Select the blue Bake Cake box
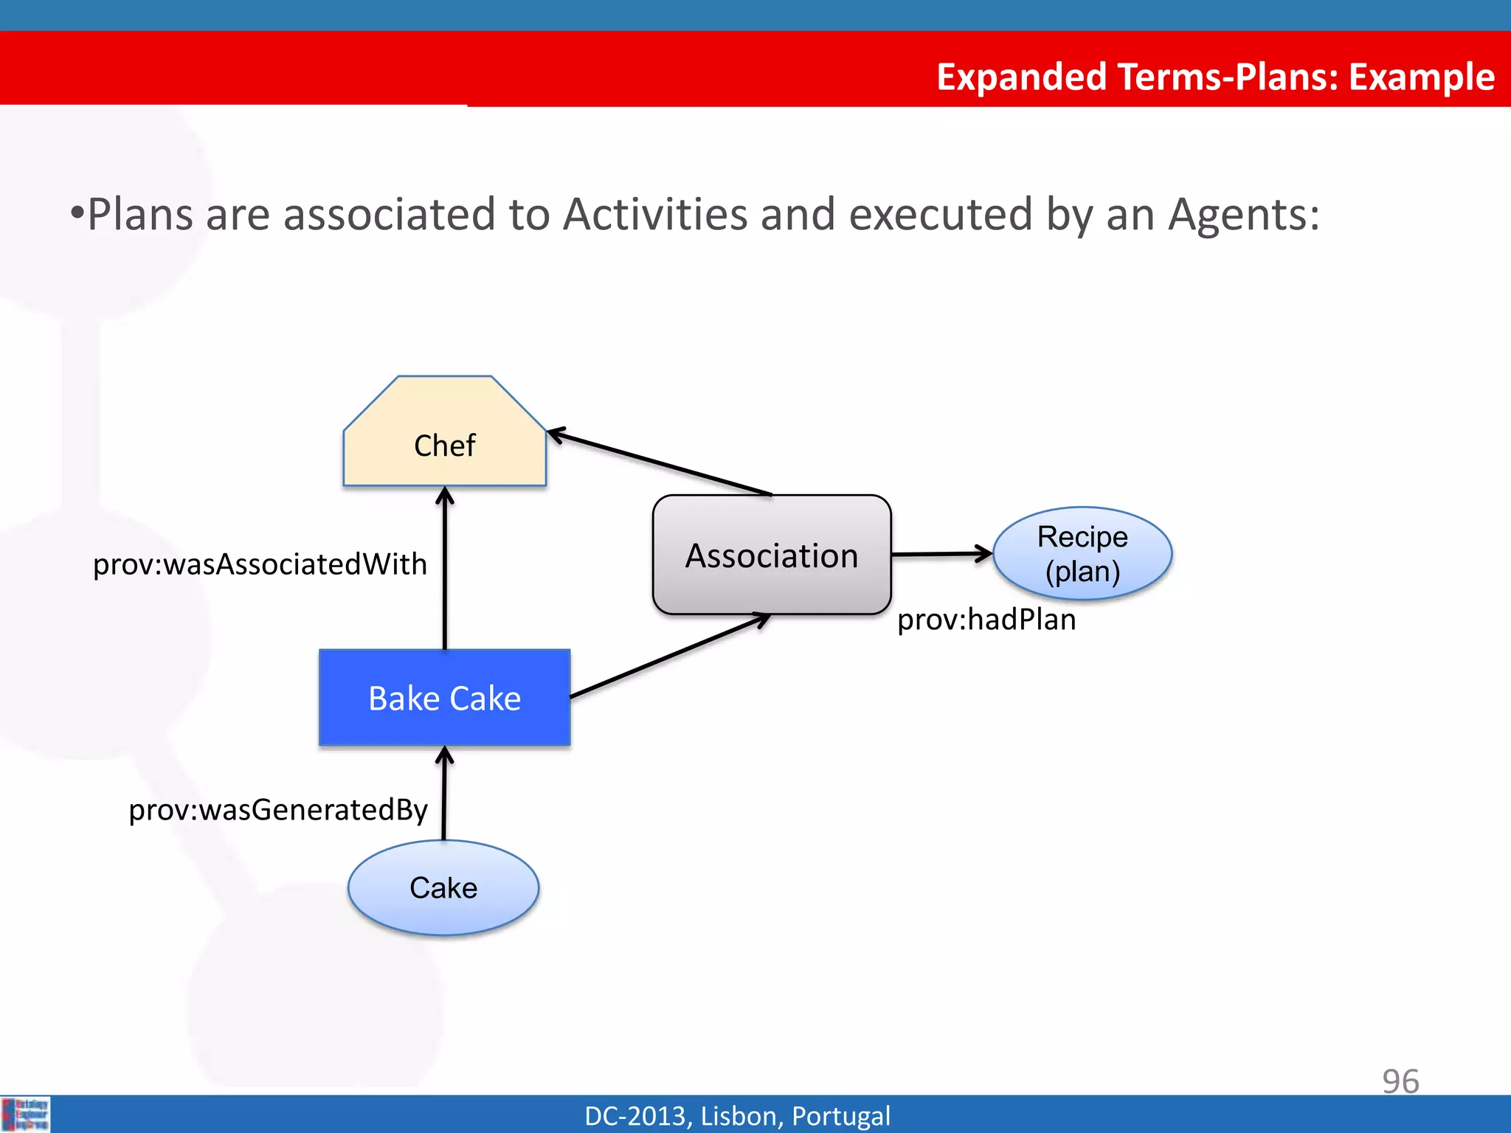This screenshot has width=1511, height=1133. click(444, 698)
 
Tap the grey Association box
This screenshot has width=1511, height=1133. click(772, 555)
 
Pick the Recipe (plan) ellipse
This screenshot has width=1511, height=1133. click(1082, 553)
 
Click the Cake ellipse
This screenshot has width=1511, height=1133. click(443, 887)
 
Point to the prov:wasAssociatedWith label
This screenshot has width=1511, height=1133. click(260, 564)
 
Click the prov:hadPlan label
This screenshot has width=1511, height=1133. click(986, 620)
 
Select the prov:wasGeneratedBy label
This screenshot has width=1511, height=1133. click(278, 810)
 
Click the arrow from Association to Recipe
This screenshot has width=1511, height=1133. click(942, 553)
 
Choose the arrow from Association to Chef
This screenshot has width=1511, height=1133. click(660, 463)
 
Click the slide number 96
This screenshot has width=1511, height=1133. click(1400, 1081)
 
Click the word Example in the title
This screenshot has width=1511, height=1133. click(1421, 77)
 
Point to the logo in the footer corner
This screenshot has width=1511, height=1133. click(26, 1115)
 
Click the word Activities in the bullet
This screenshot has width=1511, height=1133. click(655, 215)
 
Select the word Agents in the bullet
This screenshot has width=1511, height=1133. click(1244, 215)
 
